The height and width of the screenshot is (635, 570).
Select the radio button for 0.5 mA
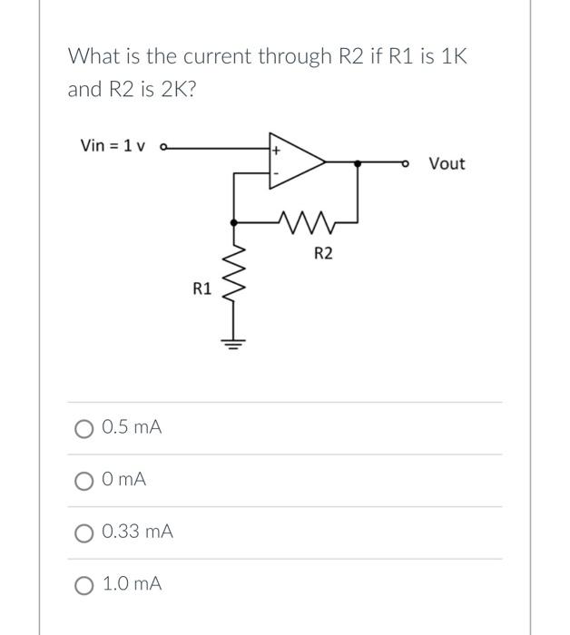pyautogui.click(x=85, y=427)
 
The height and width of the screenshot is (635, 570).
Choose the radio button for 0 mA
pyautogui.click(x=85, y=479)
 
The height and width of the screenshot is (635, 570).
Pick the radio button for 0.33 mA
pyautogui.click(x=85, y=532)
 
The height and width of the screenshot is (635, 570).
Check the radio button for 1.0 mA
pyautogui.click(x=85, y=584)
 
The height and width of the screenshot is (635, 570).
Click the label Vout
pyautogui.click(x=447, y=163)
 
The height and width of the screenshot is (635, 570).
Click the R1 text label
pyautogui.click(x=202, y=289)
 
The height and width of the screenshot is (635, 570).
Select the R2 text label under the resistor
pyautogui.click(x=323, y=254)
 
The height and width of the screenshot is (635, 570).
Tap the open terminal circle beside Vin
pyautogui.click(x=162, y=147)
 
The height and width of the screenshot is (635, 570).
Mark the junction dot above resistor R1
pyautogui.click(x=235, y=220)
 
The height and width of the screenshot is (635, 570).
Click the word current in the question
pyautogui.click(x=215, y=56)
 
